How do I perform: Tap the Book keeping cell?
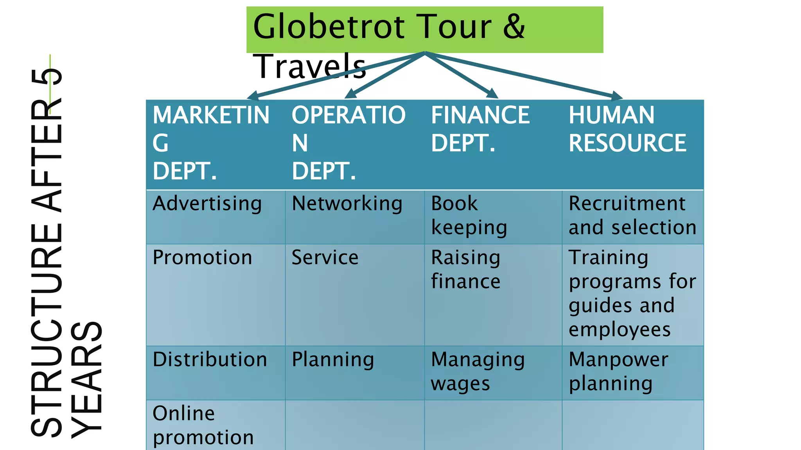469,216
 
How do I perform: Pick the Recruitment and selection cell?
632,216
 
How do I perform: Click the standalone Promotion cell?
202,258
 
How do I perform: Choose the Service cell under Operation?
325,258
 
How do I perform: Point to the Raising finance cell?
465,270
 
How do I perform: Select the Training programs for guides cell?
632,293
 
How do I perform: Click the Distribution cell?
210,360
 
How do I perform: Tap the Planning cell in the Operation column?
333,360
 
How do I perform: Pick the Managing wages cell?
478,371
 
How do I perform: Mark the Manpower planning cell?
618,371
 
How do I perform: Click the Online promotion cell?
203,425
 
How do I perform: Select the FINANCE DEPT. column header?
480,129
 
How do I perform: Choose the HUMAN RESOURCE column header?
627,129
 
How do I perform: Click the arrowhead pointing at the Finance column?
492,94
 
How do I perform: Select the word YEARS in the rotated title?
87,379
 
